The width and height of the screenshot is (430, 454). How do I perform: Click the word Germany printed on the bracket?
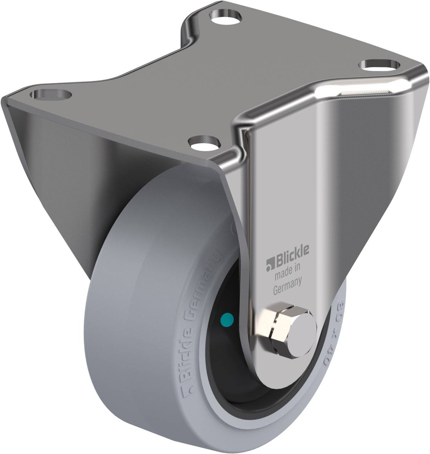point(288,281)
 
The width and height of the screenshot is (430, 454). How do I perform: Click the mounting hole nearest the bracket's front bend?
point(205,143)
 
